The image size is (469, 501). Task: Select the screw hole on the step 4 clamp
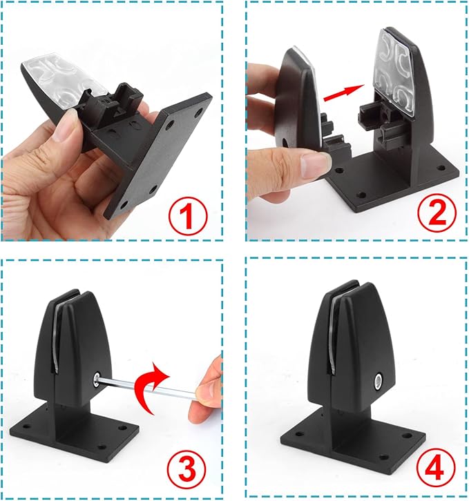click(379, 382)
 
